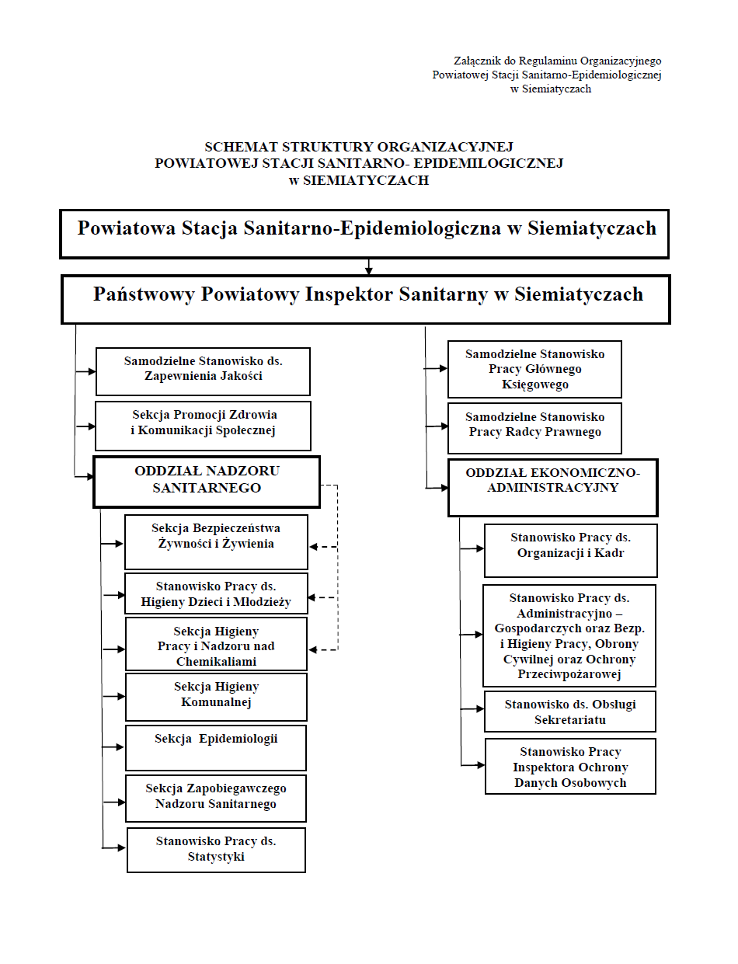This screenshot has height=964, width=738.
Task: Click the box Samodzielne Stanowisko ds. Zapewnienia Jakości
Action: [x=203, y=371]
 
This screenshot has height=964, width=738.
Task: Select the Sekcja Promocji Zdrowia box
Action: [x=203, y=425]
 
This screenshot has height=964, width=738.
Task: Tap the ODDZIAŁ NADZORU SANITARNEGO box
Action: [x=207, y=482]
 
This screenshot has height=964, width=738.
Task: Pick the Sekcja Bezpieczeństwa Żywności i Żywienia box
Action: [x=216, y=541]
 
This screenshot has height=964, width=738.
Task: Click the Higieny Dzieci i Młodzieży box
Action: [x=216, y=594]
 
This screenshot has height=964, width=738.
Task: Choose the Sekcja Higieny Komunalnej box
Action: [x=216, y=697]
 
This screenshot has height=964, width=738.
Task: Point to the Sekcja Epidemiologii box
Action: [x=216, y=747]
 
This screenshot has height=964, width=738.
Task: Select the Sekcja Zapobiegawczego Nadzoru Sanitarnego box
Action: [x=216, y=798]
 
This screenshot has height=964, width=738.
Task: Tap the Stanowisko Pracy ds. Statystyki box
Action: [x=216, y=850]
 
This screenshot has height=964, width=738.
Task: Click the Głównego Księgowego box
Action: [x=534, y=369]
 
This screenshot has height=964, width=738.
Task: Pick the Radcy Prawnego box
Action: [x=534, y=428]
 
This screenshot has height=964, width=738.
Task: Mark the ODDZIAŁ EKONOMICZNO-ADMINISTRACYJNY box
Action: [x=552, y=487]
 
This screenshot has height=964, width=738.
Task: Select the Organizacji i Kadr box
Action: [x=570, y=550]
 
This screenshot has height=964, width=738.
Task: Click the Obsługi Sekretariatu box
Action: [x=570, y=712]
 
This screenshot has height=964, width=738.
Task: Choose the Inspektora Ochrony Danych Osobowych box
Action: [x=570, y=766]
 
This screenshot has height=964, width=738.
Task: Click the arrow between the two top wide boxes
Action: [x=369, y=266]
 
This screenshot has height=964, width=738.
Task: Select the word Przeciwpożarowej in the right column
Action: [x=569, y=674]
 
